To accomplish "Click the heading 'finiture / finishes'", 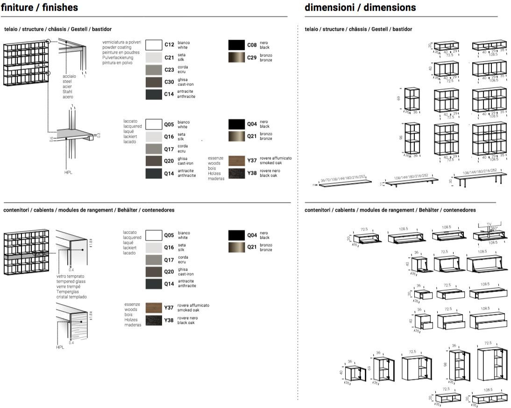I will (x=39, y=7).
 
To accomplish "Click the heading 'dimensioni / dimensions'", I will (x=360, y=7).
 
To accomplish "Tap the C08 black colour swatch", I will (x=237, y=45).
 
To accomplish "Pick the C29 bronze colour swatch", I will (x=237, y=57).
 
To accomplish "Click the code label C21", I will (x=169, y=57).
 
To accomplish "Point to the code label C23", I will (x=169, y=70).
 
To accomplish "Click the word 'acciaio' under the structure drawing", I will (x=69, y=76).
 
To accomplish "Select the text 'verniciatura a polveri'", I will (x=121, y=43).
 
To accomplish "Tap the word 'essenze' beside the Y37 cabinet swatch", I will (x=132, y=304).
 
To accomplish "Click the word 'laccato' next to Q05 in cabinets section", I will (x=130, y=232).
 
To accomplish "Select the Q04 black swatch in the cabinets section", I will (x=237, y=235).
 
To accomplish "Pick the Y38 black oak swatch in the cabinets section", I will (x=154, y=321).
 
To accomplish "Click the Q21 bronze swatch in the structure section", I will (x=237, y=136).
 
